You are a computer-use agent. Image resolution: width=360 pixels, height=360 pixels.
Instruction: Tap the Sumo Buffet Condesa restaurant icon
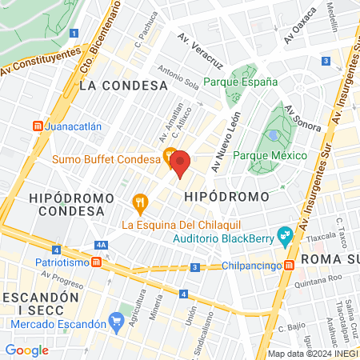170,155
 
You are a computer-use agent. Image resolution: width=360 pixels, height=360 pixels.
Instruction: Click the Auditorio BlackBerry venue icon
283,235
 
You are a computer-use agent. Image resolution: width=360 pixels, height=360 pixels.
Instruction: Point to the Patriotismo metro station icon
96,262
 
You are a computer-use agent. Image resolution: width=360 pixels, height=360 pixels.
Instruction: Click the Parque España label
240,82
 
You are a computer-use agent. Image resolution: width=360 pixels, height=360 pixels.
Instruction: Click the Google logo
26,350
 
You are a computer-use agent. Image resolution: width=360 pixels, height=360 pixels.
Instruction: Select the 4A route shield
100,246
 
